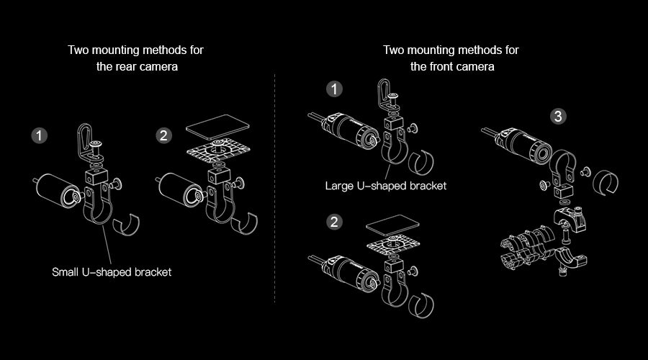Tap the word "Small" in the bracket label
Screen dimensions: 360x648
(67, 273)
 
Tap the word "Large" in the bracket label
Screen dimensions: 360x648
(341, 186)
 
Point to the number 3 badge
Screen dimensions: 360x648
(557, 116)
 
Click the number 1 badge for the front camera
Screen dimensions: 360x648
(334, 89)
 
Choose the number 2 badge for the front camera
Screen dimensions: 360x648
(334, 222)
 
